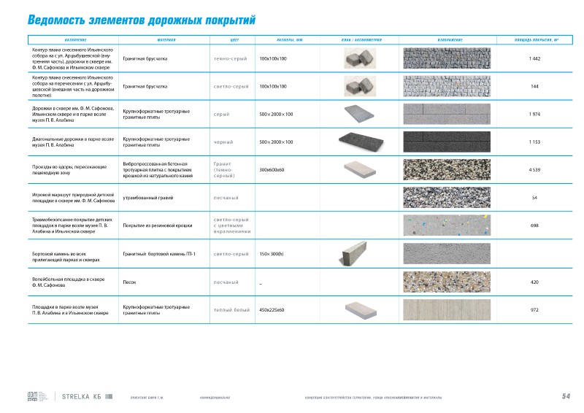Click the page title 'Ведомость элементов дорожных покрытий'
coord(141,20)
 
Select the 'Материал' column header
coord(166,39)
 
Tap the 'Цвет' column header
coord(234,39)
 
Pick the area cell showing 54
coord(534,198)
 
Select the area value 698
coord(534,225)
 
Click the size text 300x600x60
coord(272,170)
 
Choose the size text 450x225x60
coord(272,309)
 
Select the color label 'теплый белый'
coord(228,309)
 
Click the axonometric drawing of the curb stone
coord(361,254)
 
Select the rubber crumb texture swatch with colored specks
coord(448,225)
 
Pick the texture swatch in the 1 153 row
coord(448,142)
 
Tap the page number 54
coord(566,396)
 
